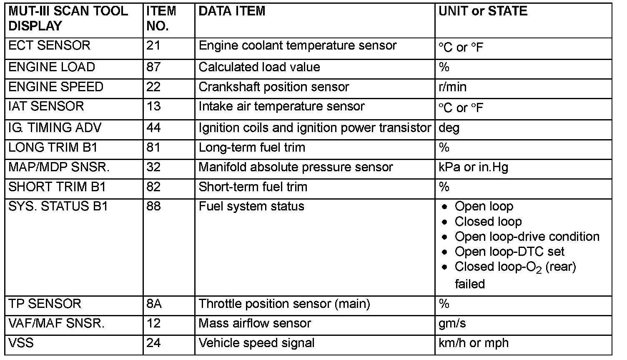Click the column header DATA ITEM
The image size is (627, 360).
[232, 11]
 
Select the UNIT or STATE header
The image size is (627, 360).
[483, 11]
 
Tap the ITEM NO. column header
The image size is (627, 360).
[161, 18]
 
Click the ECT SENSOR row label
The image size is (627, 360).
[49, 45]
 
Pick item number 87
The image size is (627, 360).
[153, 67]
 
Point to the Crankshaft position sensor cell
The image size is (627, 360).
[273, 87]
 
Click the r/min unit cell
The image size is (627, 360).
[452, 87]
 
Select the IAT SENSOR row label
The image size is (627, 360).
[46, 106]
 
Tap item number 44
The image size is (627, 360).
[153, 127]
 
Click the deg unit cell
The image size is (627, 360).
[449, 127]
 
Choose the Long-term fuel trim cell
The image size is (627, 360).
[252, 147]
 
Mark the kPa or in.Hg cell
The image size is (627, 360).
[473, 167]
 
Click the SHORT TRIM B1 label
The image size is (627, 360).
[57, 187]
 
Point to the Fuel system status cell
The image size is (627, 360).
[251, 207]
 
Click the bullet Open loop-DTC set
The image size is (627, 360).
[509, 252]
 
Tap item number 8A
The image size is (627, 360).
[154, 304]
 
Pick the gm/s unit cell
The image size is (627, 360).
[452, 324]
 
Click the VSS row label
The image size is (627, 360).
[21, 343]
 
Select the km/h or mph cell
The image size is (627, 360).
[473, 343]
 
